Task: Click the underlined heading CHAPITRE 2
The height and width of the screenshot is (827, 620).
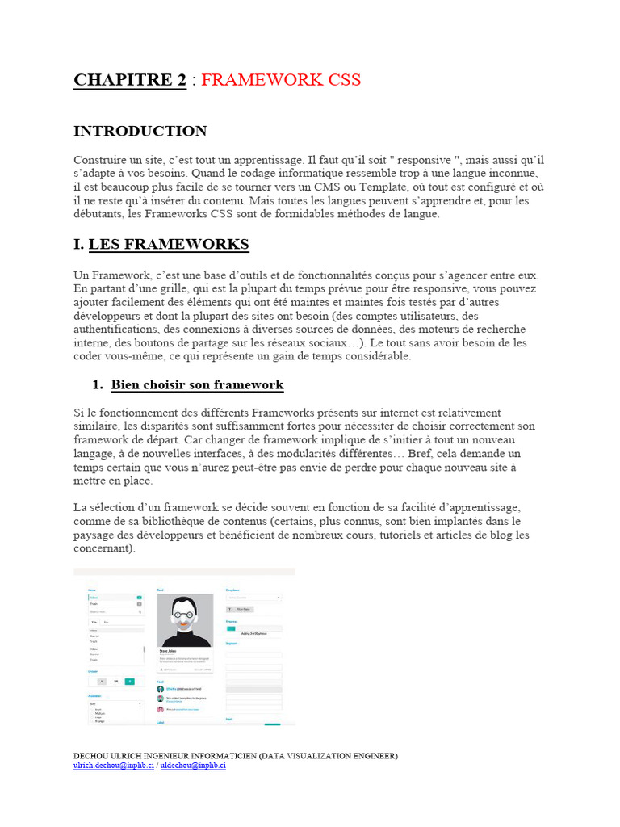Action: click(x=130, y=79)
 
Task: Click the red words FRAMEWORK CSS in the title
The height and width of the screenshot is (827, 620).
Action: click(x=281, y=79)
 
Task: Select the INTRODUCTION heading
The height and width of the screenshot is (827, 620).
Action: click(x=140, y=131)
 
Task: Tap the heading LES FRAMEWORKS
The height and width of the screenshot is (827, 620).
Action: click(x=168, y=244)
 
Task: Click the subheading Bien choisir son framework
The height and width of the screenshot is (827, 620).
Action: click(x=197, y=384)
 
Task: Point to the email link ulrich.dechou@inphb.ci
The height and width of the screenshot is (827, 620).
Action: click(x=114, y=766)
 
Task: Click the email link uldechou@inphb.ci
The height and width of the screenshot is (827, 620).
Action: click(x=193, y=766)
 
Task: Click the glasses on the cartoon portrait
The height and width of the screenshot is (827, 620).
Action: click(x=185, y=616)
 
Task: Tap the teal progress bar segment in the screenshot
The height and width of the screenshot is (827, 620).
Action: click(x=231, y=628)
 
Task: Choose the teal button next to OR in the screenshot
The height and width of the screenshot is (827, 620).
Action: click(x=128, y=682)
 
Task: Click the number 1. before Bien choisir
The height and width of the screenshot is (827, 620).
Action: click(x=100, y=384)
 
